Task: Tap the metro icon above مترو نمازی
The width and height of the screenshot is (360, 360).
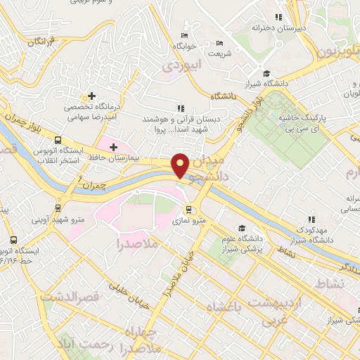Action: click(189, 209)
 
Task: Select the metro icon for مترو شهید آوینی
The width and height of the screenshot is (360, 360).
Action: click(58, 208)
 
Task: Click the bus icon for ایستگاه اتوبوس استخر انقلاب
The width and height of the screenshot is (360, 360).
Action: click(57, 139)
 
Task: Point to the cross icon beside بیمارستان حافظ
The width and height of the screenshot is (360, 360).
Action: click(112, 146)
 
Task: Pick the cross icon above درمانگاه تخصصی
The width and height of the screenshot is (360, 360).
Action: click(91, 96)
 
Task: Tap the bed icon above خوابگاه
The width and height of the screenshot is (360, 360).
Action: click(184, 36)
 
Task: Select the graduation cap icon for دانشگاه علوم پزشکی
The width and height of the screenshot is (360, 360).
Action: click(242, 228)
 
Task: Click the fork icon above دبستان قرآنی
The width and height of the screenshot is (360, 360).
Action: click(181, 108)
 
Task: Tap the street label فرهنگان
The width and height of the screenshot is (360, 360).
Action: click(44, 43)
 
